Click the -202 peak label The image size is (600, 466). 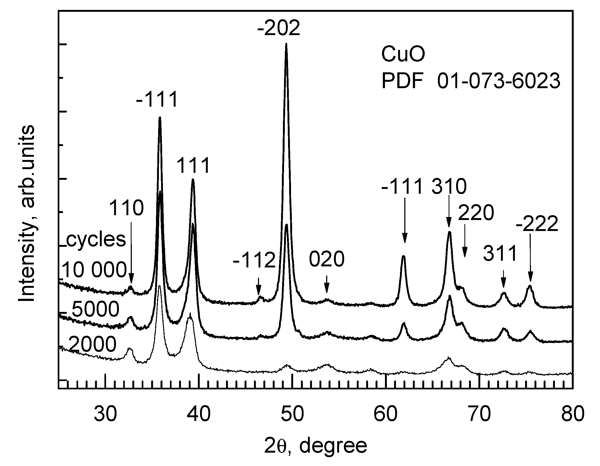pos(279,28)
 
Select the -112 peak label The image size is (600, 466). pos(254,260)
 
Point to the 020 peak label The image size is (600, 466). pos(327,259)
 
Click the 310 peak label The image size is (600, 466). pos(449,187)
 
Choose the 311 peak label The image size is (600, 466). pos(500,254)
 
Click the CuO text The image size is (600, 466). pos(403,55)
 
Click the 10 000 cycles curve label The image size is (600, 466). pos(94,270)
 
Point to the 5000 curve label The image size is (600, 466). pos(96,309)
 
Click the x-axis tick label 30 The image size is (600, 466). pos(106,414)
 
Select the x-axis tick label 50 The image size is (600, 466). pos(292,414)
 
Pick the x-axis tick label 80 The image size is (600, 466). pos(573,414)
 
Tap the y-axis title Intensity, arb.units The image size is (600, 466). pos(27,214)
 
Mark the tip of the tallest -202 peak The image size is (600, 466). pos(286,44)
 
